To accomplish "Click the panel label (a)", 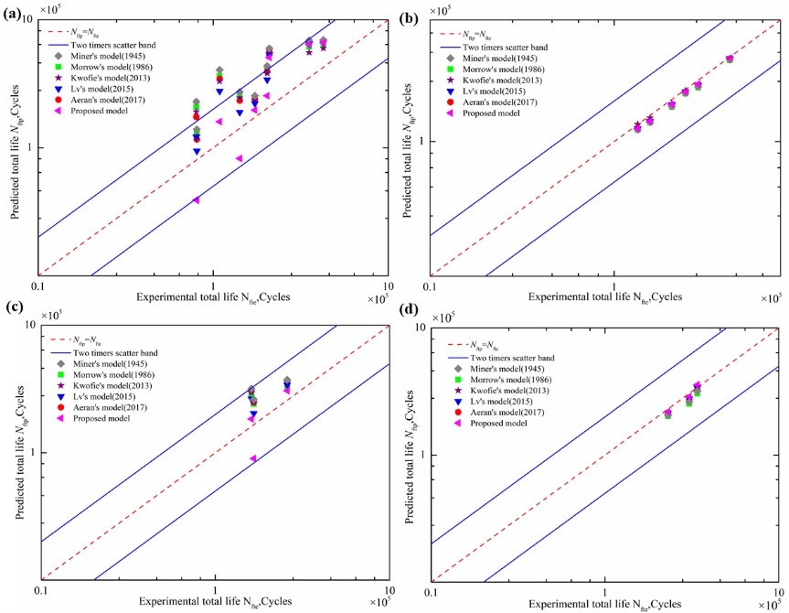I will coord(14,14).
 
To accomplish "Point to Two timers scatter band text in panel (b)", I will coord(506,48).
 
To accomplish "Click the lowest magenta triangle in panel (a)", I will coord(196,199).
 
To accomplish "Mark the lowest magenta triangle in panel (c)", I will coord(253,458).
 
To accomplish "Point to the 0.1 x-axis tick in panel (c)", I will coord(40,591).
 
